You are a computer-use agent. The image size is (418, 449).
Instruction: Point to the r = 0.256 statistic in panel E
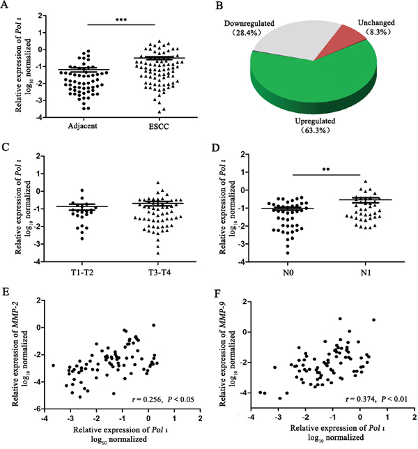point(155,399)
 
